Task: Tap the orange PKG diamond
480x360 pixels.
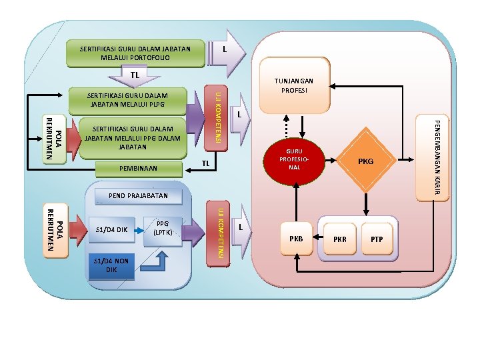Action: [365, 161]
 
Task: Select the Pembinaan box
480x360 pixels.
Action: [139, 169]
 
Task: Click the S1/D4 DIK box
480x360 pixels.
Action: [111, 229]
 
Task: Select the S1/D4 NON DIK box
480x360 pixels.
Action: [111, 265]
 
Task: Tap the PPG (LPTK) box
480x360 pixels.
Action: [162, 229]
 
